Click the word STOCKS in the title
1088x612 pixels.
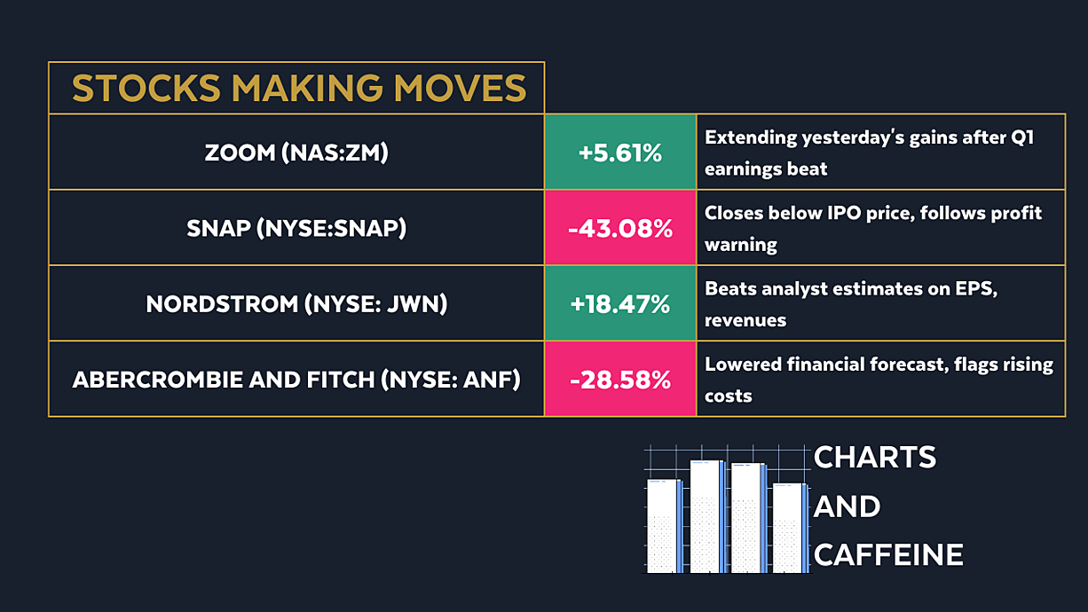pos(146,89)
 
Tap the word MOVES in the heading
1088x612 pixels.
pos(460,89)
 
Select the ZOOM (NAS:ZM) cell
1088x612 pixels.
pos(296,153)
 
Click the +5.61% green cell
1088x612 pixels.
pos(620,153)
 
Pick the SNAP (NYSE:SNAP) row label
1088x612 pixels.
pos(296,229)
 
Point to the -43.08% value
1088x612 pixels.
pos(620,229)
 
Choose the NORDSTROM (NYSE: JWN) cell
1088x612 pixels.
pos(296,304)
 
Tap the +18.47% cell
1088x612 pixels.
pos(620,304)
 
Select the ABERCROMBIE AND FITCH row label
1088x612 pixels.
pos(296,380)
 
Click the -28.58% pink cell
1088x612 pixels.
pos(620,380)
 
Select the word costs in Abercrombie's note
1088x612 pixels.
pos(728,396)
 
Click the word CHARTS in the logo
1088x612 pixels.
pos(875,457)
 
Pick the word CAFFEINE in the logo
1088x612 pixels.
pos(888,554)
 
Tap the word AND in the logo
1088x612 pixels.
pos(848,506)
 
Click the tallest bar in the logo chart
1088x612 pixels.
pos(707,516)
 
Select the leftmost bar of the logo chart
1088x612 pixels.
pos(665,526)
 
